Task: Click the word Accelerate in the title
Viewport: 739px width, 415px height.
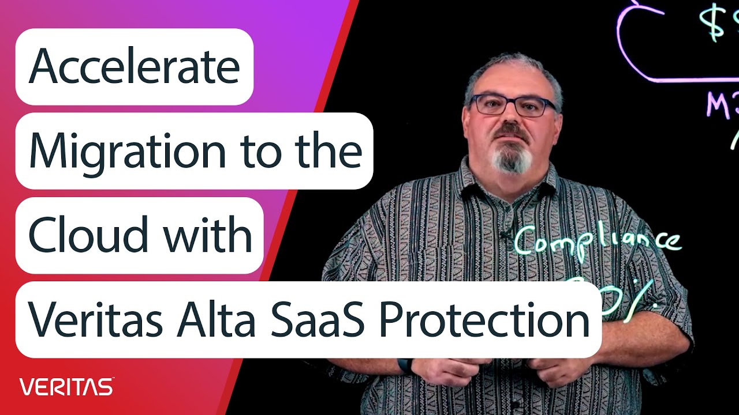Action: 134,67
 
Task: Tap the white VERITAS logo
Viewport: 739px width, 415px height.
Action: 66,387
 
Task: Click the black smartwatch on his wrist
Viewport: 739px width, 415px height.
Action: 406,365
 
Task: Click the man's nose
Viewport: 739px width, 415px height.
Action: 510,118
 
